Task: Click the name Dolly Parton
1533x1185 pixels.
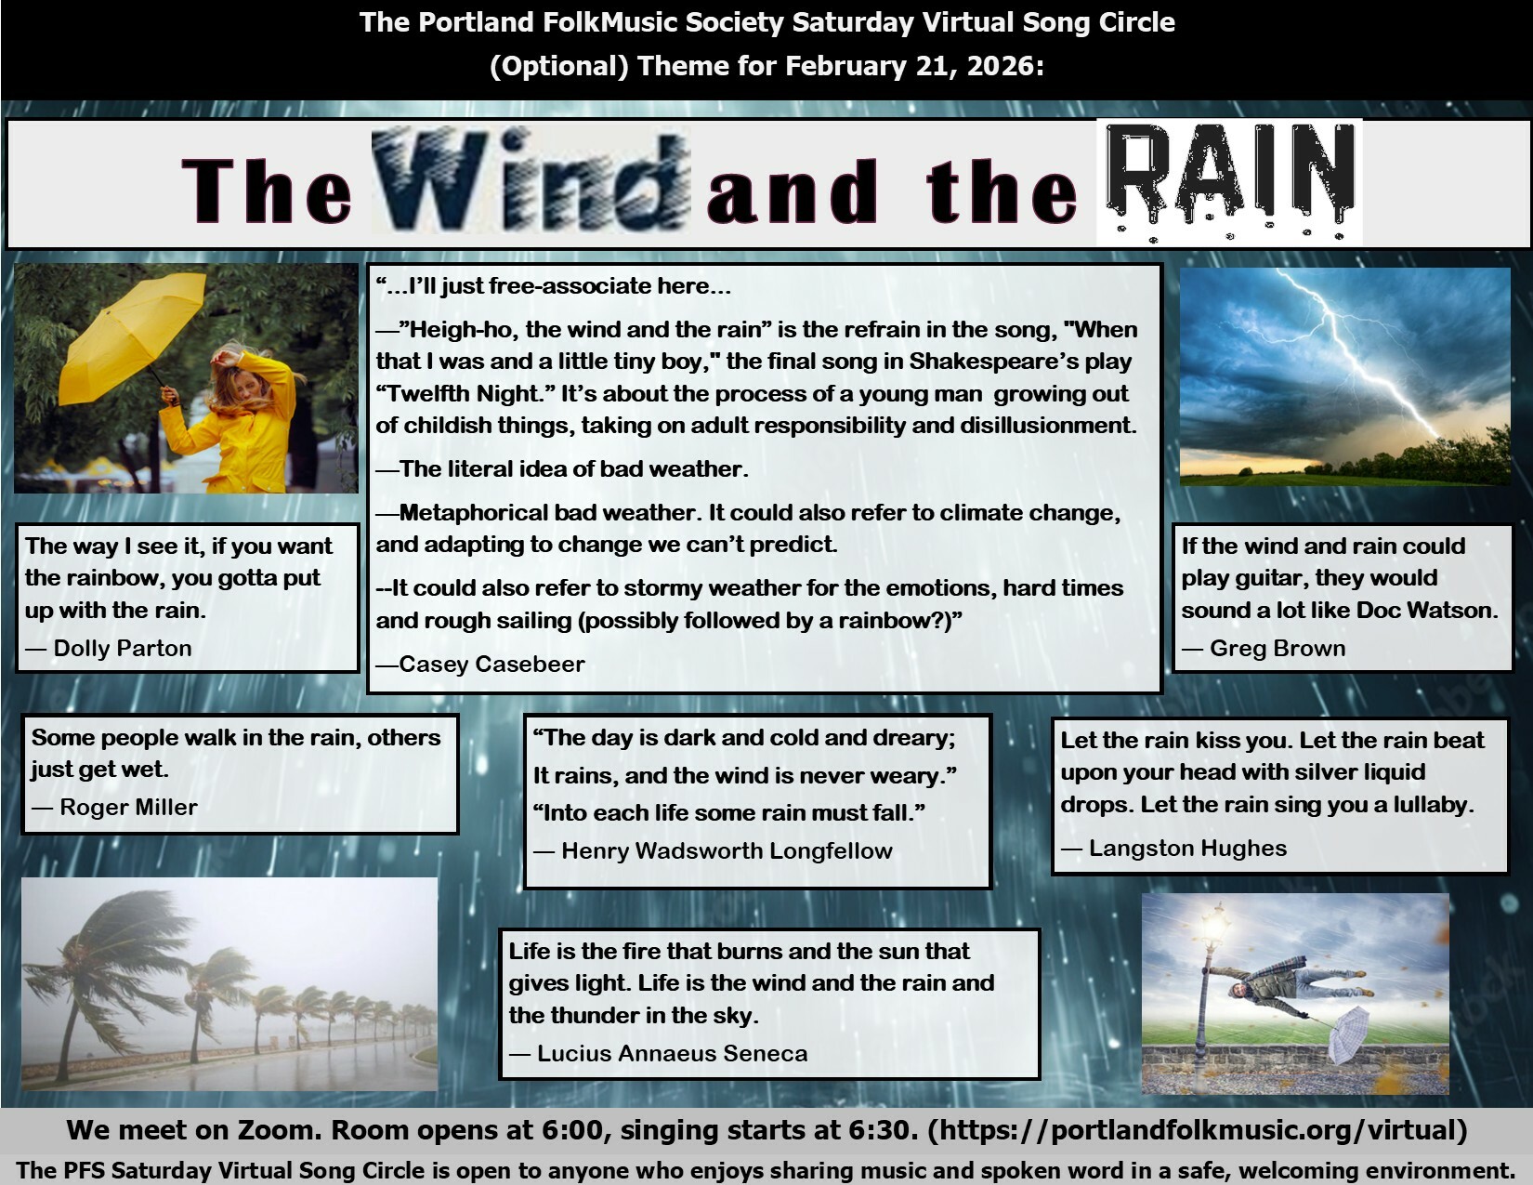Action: [122, 648]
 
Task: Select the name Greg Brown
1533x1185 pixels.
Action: [1277, 648]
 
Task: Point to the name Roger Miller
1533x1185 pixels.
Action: [128, 807]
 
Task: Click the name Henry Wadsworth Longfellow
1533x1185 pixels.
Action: [727, 850]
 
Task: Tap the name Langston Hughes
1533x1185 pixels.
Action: [1188, 848]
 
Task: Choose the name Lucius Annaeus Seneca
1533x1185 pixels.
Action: [673, 1053]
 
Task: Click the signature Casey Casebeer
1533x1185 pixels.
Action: [491, 664]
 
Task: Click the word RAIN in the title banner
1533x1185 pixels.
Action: [1229, 182]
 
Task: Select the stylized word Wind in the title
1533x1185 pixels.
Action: [531, 181]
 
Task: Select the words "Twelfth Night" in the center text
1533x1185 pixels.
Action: [462, 393]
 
